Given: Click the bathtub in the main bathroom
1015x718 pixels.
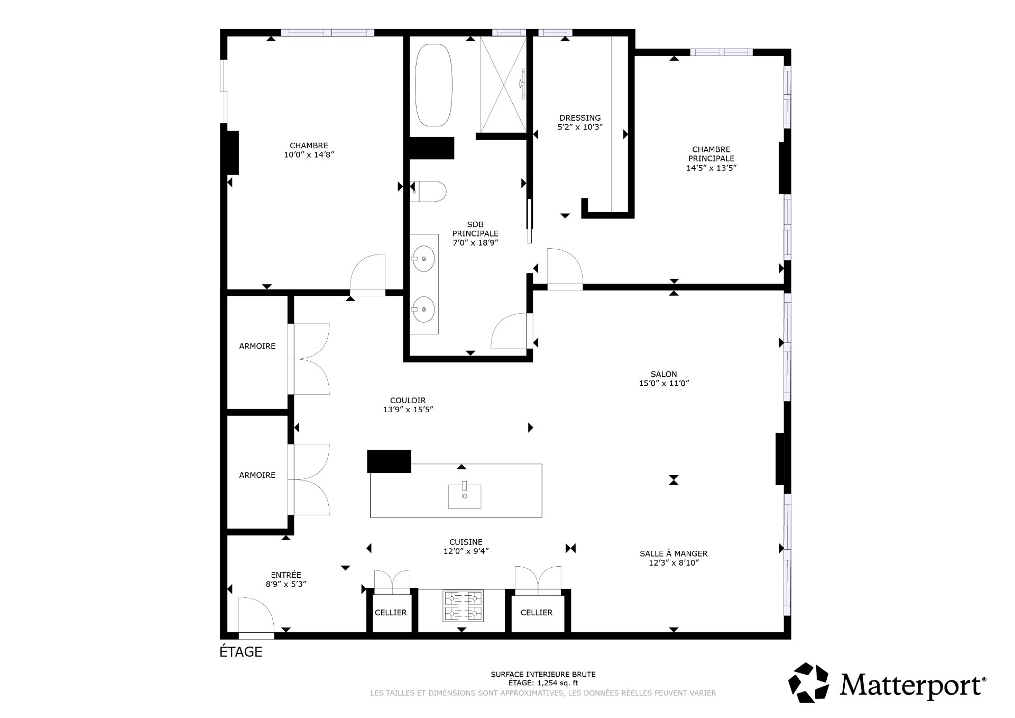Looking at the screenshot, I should click(x=433, y=85).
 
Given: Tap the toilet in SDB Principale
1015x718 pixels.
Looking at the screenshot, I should click(x=429, y=192).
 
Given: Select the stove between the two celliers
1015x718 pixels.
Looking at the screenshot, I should click(x=463, y=606).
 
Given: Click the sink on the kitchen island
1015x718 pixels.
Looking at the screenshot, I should click(x=464, y=496).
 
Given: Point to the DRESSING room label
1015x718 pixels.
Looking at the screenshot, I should click(x=580, y=118).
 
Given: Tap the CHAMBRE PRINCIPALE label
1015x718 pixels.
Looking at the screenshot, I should click(x=711, y=154).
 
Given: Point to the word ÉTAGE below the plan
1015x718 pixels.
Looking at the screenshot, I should click(x=241, y=652).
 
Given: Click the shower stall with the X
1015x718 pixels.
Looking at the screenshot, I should click(x=503, y=85).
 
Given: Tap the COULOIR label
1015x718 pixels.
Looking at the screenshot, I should click(x=408, y=401).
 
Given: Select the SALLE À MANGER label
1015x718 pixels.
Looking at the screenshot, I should click(x=673, y=553).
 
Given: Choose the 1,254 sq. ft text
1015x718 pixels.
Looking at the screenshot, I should click(x=558, y=683).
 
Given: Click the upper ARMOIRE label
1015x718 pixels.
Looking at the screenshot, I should click(x=257, y=346).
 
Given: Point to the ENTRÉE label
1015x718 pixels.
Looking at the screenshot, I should click(x=286, y=575).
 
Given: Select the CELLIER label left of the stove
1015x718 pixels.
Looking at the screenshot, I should click(x=391, y=613).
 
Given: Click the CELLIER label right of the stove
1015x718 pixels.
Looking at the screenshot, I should click(x=537, y=613).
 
